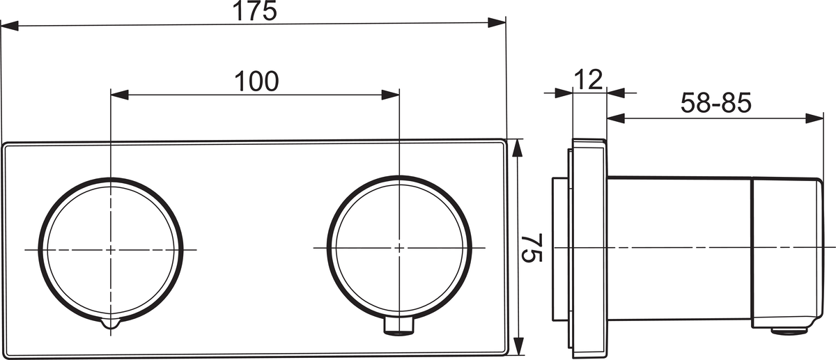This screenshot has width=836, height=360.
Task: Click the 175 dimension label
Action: [x=255, y=11]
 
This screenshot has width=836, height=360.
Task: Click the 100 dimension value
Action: [x=256, y=81]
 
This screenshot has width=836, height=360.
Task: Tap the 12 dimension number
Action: [x=588, y=79]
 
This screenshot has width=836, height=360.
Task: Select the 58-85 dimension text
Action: [x=716, y=102]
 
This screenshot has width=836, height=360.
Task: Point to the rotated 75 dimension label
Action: [x=532, y=248]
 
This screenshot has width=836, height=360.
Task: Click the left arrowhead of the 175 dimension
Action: [x=10, y=26]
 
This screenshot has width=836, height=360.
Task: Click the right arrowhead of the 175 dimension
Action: [x=497, y=22]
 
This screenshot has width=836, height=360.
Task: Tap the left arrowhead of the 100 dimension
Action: [x=120, y=95]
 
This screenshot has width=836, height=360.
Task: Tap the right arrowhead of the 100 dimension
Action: [x=390, y=95]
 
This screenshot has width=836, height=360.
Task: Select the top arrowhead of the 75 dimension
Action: [x=517, y=148]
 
